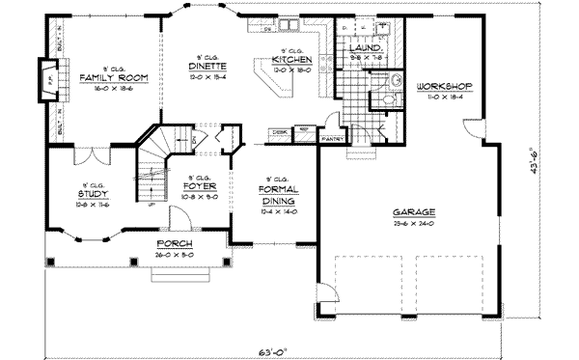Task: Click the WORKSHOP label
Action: [445, 86]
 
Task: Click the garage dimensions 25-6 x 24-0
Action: [415, 223]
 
